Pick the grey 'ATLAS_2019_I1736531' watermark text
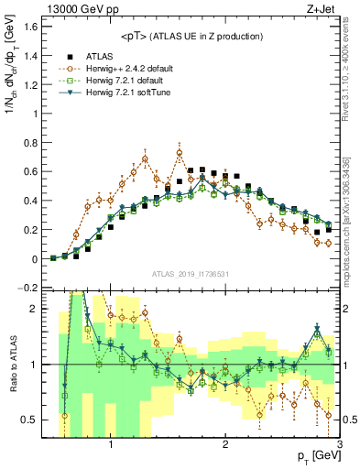point(191,274)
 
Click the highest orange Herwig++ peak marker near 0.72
point(180,153)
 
